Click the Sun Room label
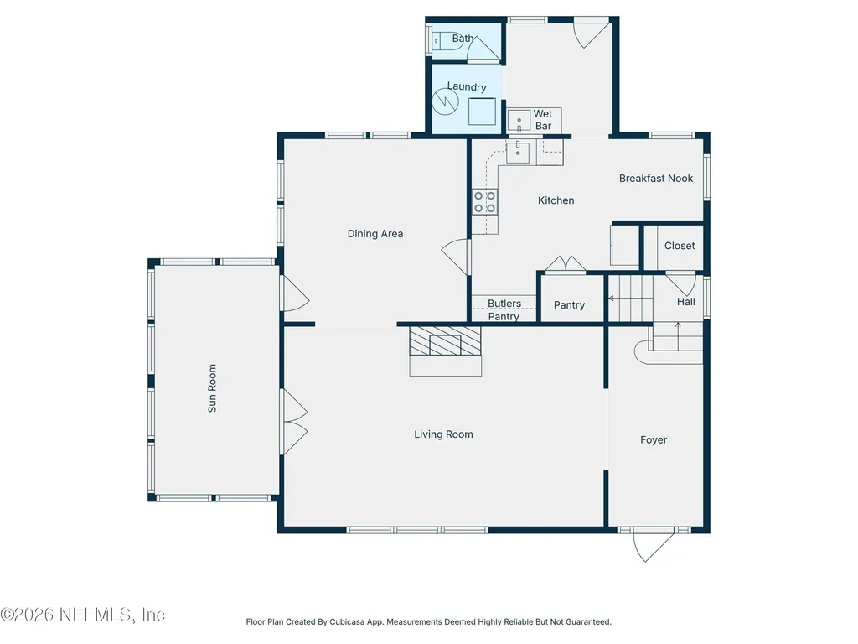[212, 388]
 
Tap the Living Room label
[443, 434]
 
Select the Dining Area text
[375, 234]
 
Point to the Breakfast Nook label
[656, 179]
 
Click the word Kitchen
[556, 200]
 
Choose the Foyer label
[654, 439]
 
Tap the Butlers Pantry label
[504, 310]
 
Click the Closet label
[680, 246]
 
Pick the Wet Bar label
[543, 120]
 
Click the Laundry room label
[467, 86]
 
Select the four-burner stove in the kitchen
[485, 201]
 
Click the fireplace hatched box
[446, 341]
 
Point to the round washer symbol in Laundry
[445, 101]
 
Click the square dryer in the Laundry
[482, 112]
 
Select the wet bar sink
[519, 121]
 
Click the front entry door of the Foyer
[654, 544]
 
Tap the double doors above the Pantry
[566, 263]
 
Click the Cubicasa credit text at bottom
[428, 621]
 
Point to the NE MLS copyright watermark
[83, 615]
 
